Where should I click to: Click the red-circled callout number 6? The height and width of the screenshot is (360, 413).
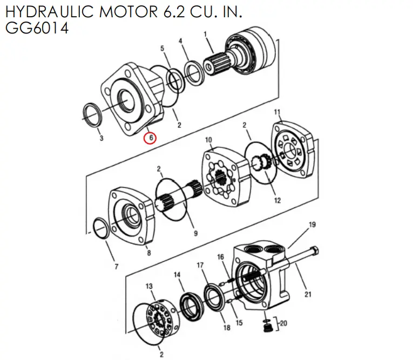tap(151, 138)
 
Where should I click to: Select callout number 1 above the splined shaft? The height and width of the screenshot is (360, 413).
tap(205, 34)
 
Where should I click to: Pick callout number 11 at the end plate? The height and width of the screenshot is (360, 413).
tap(277, 112)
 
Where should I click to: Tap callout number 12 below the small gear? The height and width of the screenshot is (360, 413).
tap(277, 201)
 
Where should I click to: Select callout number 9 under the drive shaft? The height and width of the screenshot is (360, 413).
tap(195, 233)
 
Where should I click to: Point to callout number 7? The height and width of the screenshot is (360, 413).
tap(116, 267)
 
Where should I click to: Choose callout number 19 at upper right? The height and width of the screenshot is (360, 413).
tap(312, 224)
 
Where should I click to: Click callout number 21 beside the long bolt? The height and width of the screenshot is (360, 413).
tap(308, 294)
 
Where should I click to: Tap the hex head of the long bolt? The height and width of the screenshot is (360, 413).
tap(315, 250)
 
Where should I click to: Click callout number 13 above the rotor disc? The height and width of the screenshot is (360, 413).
tap(150, 286)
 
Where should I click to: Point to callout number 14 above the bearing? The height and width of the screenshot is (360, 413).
tap(177, 275)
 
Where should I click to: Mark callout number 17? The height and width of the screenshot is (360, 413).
tap(200, 265)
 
